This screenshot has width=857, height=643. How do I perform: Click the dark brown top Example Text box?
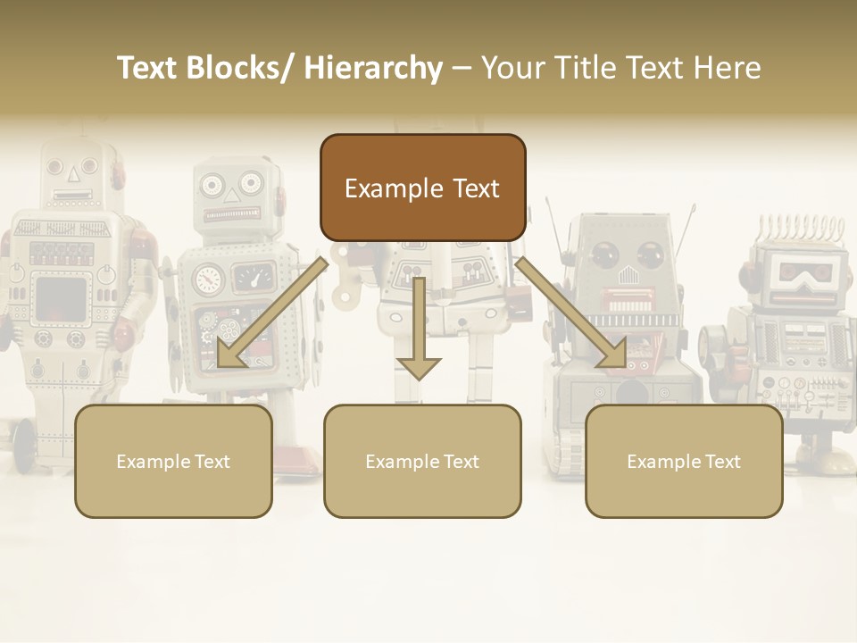click(x=422, y=188)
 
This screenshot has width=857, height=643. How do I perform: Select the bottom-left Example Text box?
click(x=173, y=461)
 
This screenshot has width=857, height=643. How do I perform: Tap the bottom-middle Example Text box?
click(x=422, y=461)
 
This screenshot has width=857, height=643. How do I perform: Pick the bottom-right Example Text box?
click(x=684, y=461)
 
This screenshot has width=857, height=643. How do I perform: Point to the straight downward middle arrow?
click(x=419, y=330)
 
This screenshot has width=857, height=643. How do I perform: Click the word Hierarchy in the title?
click(x=373, y=68)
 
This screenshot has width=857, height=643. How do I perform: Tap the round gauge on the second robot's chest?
click(x=207, y=279)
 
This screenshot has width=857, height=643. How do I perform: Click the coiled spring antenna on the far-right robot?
click(x=797, y=230)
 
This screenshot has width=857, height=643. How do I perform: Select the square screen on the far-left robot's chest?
click(x=61, y=300)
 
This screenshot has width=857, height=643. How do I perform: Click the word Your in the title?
click(x=512, y=68)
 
